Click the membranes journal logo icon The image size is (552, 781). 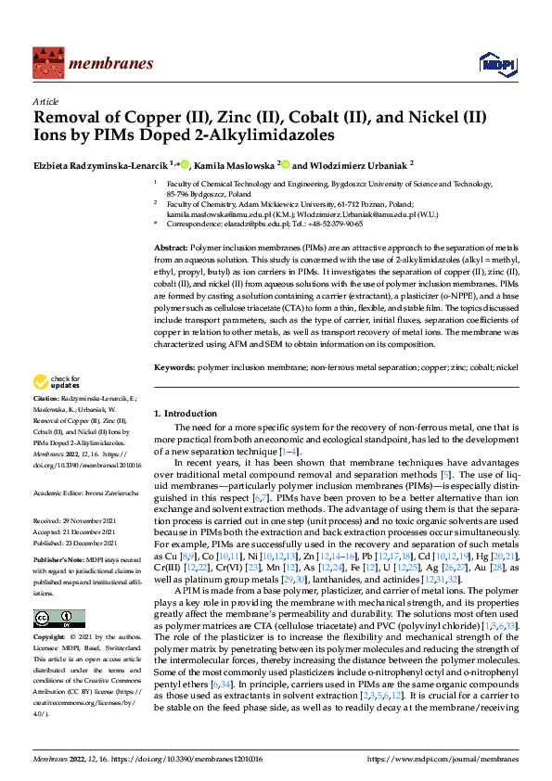(x=46, y=63)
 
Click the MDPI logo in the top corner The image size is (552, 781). (x=492, y=63)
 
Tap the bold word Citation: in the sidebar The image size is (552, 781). (x=46, y=398)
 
